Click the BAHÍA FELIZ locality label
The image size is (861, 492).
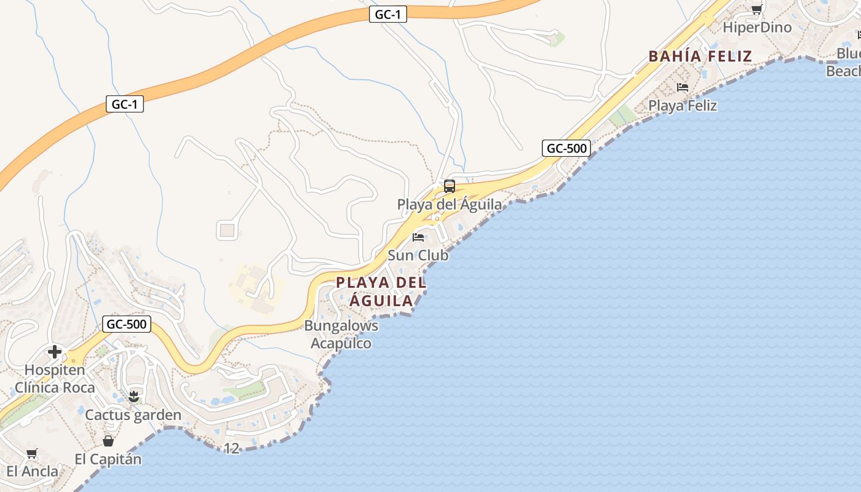[x=700, y=57]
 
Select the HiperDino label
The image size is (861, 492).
[x=757, y=28]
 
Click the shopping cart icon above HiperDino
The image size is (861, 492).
[x=756, y=9]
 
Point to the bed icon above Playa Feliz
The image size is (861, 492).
[x=683, y=87]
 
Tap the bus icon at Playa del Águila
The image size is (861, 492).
[x=450, y=186]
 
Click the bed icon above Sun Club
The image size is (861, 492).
[x=418, y=237]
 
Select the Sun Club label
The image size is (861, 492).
[x=418, y=255]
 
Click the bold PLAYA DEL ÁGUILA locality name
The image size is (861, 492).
[x=381, y=292]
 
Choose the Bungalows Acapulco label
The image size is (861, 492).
[x=341, y=335]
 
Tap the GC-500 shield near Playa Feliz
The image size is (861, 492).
[x=566, y=148]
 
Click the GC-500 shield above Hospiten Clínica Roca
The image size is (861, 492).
[x=127, y=324]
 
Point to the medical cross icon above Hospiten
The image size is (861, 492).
[x=55, y=352]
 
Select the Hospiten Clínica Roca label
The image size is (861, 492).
[x=55, y=379]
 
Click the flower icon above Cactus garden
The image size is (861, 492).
[x=133, y=397]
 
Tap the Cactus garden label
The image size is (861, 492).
[x=133, y=415]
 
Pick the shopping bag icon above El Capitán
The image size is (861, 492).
[x=108, y=441]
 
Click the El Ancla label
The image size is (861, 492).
[x=32, y=472]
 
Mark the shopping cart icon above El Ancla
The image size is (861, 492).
[x=31, y=454]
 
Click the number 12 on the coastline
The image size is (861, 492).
[x=231, y=449]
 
